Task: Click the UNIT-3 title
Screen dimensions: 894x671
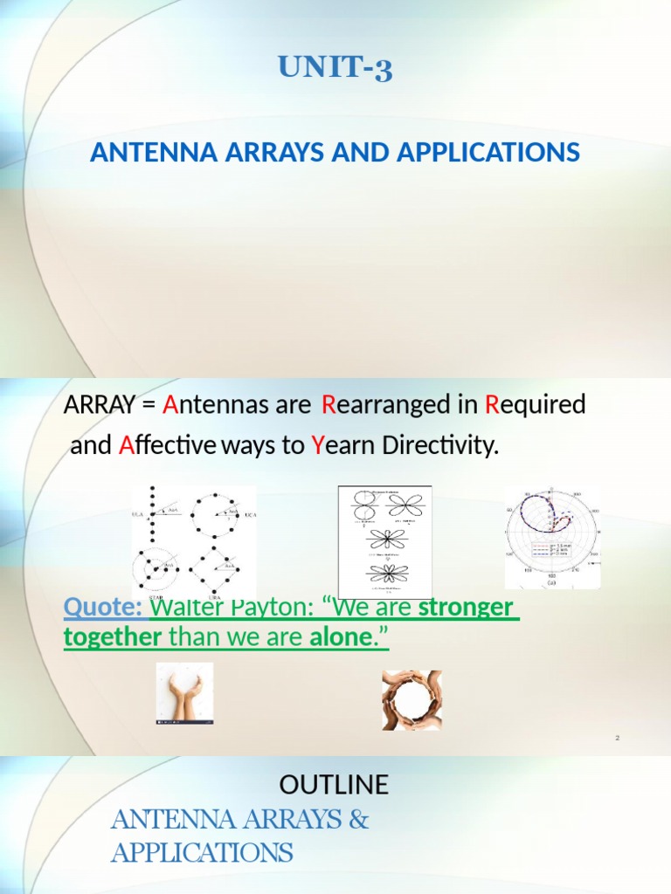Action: click(335, 68)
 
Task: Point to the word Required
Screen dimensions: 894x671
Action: click(535, 405)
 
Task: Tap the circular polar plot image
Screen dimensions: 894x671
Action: click(552, 537)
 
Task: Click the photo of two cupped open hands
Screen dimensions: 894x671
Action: click(184, 693)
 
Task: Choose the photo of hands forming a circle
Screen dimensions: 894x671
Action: click(412, 700)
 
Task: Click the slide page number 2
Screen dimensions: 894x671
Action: click(617, 739)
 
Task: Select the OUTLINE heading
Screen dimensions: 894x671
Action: click(334, 785)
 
